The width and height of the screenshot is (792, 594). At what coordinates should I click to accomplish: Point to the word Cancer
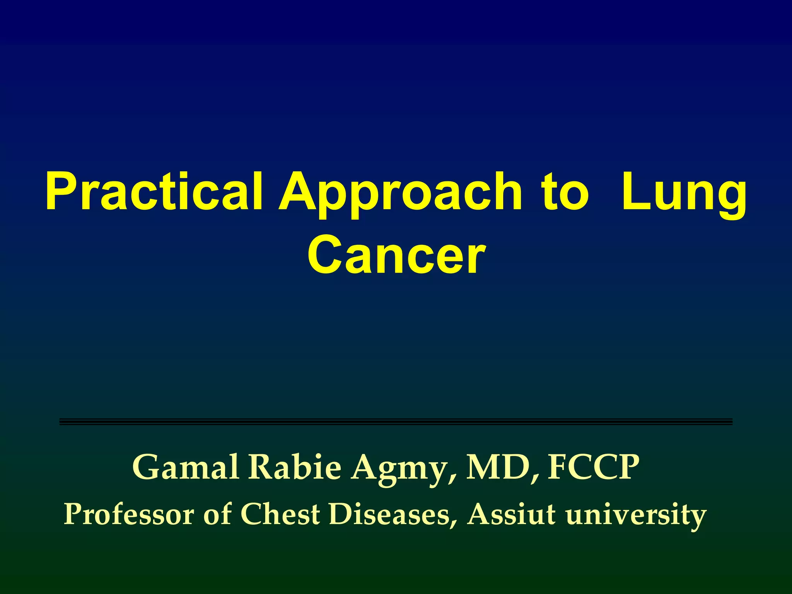click(396, 255)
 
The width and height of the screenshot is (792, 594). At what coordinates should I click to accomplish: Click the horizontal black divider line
click(396, 422)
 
